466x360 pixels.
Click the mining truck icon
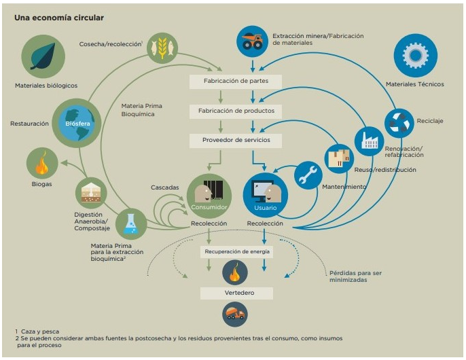click(253, 41)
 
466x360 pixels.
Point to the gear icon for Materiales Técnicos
click(415, 56)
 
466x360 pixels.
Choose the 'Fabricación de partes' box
click(234, 81)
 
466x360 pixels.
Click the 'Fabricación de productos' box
click(234, 110)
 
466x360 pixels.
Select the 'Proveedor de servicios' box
click(234, 139)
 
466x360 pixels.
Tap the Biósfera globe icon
click(77, 123)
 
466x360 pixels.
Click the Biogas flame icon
click(42, 164)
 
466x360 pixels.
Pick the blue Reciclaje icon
click(398, 123)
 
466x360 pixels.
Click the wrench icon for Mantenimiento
click(308, 175)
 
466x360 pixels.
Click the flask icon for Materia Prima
click(131, 225)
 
